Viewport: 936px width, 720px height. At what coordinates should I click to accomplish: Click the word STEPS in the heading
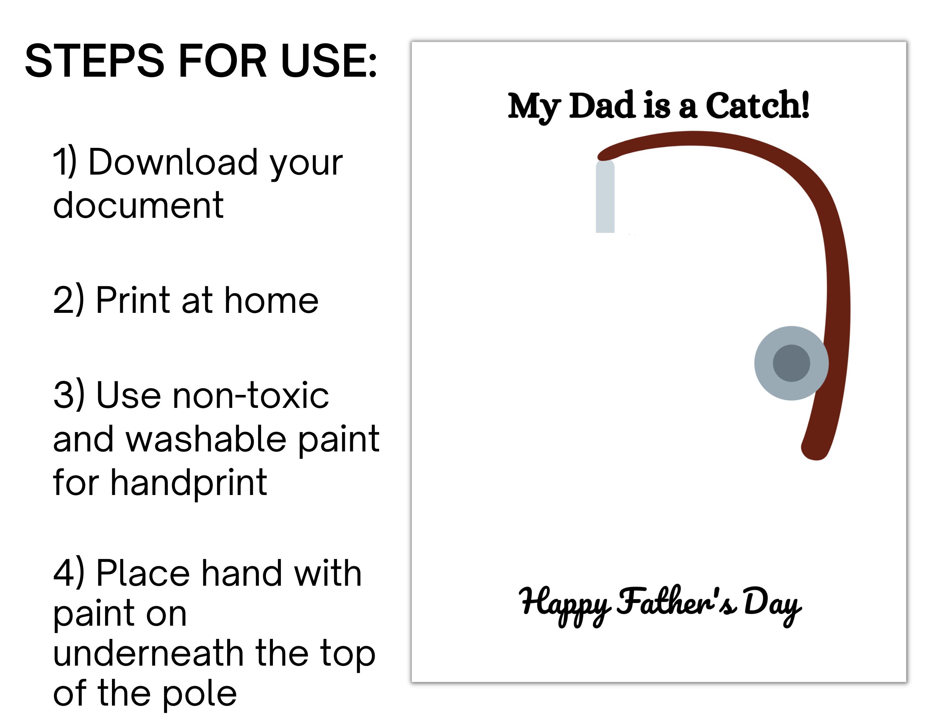(95, 61)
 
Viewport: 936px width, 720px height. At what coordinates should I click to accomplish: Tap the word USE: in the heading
(329, 61)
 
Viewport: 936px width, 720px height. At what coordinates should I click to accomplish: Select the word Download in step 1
(171, 162)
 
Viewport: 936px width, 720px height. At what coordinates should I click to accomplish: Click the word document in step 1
(138, 205)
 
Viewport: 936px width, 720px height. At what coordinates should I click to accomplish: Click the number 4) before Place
(68, 573)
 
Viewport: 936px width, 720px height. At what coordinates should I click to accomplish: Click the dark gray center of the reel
(791, 363)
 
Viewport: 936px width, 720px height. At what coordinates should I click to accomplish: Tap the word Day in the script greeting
(772, 603)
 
